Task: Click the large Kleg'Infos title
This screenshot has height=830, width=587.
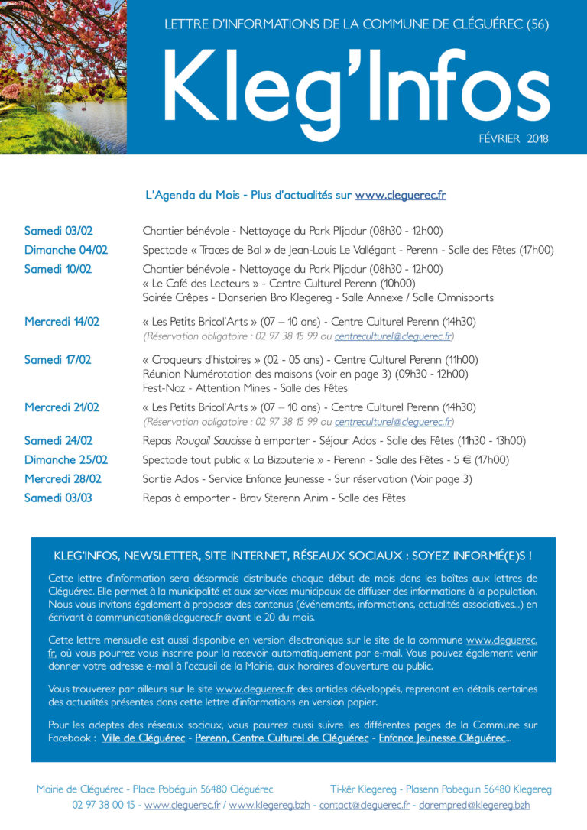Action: coord(355,85)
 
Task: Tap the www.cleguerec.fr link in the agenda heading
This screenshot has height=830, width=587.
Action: coord(400,196)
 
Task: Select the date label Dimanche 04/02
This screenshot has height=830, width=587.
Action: coord(66,250)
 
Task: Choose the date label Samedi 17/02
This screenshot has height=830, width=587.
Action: coord(57,359)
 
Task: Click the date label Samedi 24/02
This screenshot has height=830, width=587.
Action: coord(58,440)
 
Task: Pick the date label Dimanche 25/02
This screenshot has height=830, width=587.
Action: coord(66,459)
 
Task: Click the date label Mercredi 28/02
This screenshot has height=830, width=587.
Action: coord(63,478)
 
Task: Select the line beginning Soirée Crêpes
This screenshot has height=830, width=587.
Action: coord(318,297)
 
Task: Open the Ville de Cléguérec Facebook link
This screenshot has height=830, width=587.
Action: coord(143,738)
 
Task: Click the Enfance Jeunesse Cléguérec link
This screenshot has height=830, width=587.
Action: coord(443,738)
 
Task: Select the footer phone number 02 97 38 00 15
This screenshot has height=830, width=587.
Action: coord(103,805)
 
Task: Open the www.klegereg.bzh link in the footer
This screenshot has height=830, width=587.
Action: coord(268,805)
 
